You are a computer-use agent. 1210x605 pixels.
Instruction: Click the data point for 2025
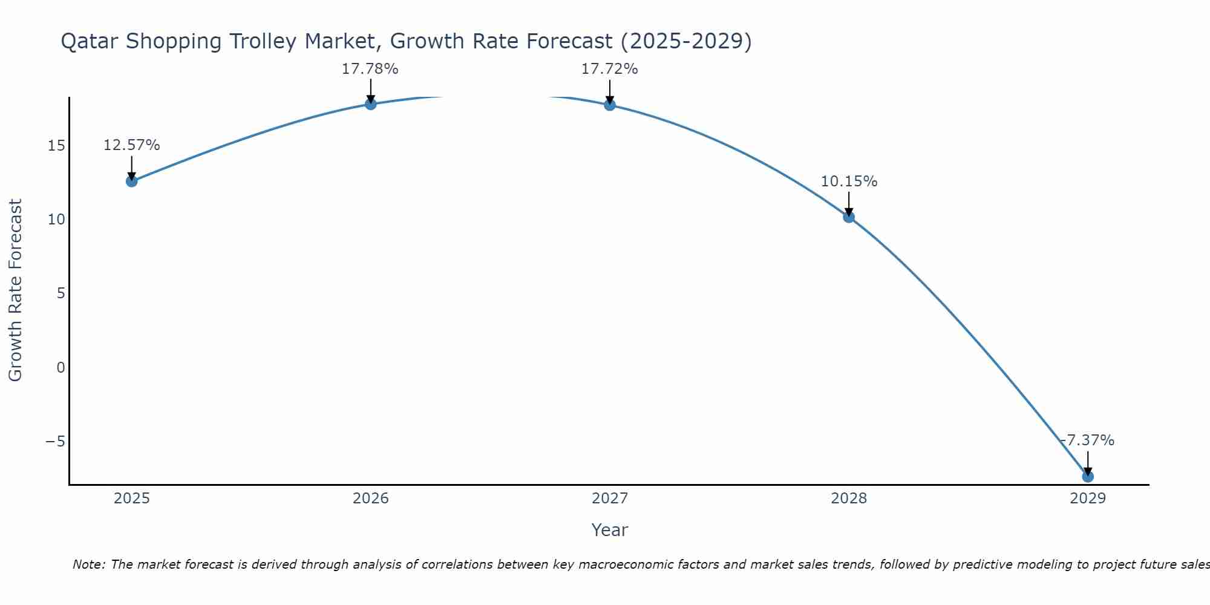(x=131, y=181)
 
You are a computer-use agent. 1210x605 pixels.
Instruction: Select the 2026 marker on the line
(x=371, y=104)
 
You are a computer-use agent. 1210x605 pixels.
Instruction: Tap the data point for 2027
(x=610, y=105)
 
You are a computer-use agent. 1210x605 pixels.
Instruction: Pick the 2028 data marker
(x=849, y=217)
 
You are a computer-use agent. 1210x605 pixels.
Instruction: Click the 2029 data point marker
(x=1088, y=476)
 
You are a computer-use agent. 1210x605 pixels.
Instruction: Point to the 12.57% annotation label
(x=131, y=145)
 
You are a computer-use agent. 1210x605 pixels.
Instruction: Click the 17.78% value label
(x=370, y=69)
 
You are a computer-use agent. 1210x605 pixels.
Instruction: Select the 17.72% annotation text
(x=609, y=69)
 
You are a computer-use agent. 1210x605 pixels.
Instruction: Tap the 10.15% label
(x=849, y=181)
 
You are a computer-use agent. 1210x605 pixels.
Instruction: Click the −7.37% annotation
(x=1087, y=440)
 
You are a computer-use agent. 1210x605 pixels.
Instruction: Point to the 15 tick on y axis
(x=56, y=146)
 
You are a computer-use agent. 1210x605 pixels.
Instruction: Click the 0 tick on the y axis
(x=60, y=367)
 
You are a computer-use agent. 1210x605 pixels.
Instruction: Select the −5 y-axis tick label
(x=55, y=441)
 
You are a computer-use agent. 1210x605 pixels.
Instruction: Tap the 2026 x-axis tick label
(x=371, y=499)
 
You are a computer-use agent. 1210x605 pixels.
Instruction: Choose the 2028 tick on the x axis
(x=849, y=499)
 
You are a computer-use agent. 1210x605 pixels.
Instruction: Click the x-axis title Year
(x=609, y=530)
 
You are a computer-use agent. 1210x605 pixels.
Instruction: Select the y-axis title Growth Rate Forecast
(x=15, y=290)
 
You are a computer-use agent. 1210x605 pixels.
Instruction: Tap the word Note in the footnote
(x=89, y=564)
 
